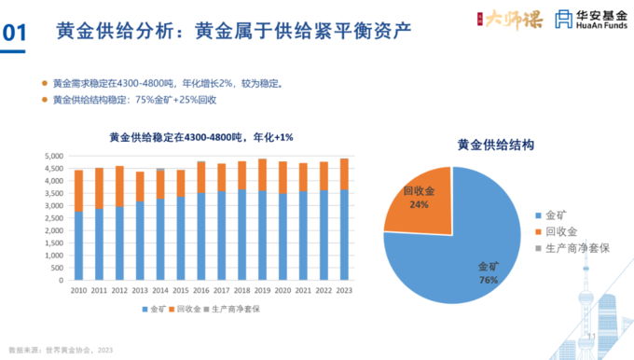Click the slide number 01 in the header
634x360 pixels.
(x=14, y=33)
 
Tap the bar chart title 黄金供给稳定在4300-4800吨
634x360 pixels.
(x=201, y=137)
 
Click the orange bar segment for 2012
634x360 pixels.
(x=119, y=186)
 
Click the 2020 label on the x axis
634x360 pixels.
(x=281, y=290)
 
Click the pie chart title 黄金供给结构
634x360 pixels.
(x=495, y=145)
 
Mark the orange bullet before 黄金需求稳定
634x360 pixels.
(x=44, y=82)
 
